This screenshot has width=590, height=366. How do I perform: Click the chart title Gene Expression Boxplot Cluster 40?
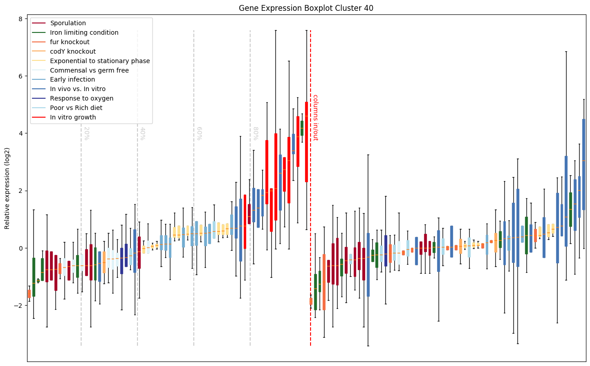[306, 8]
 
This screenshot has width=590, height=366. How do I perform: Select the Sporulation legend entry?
[68, 23]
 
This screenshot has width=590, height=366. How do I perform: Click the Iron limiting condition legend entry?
[84, 32]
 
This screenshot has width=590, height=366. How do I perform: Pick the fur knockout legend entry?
[70, 42]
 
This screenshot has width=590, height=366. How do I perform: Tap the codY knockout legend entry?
[73, 51]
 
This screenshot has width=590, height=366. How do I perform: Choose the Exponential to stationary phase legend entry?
[100, 61]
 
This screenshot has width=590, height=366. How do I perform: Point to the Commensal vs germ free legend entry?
[89, 70]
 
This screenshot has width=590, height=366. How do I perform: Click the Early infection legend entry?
[73, 80]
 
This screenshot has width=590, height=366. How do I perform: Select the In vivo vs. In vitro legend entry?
[78, 89]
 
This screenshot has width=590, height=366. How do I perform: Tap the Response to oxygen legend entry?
[82, 98]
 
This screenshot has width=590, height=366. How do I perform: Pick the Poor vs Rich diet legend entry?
[76, 108]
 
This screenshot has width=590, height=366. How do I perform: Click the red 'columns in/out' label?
[315, 117]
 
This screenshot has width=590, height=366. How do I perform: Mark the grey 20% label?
[86, 133]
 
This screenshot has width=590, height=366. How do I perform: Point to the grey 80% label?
[255, 133]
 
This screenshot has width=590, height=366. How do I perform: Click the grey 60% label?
[198, 133]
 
